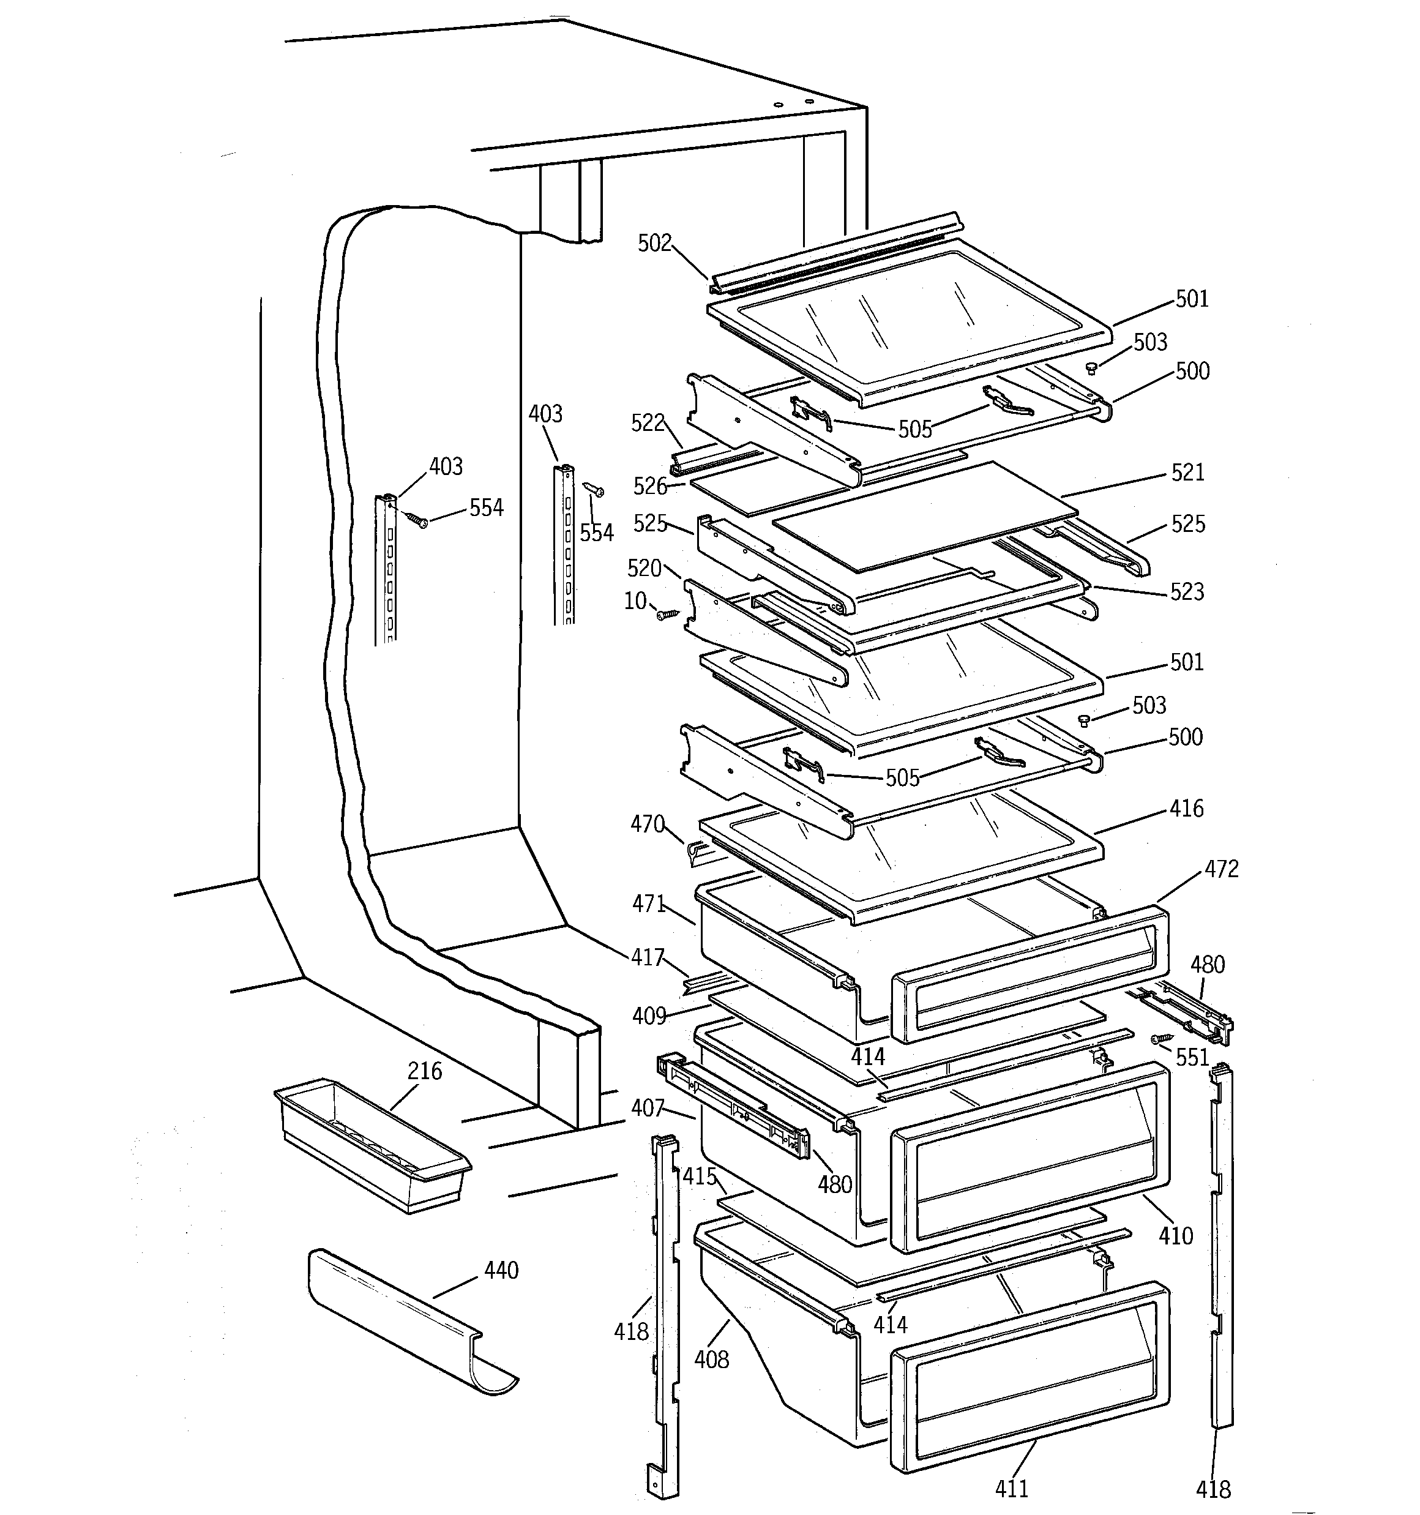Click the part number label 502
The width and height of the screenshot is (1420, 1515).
(654, 243)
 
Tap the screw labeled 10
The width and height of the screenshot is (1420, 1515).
(668, 613)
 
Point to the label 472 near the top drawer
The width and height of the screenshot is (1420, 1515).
(1221, 869)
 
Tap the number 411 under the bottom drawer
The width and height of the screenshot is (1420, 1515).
(1012, 1488)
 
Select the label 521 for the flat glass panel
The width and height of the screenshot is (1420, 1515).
(1187, 473)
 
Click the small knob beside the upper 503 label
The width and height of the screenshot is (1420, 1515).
(1091, 369)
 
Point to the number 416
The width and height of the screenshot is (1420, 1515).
(1186, 809)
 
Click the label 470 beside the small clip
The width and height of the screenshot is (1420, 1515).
(647, 824)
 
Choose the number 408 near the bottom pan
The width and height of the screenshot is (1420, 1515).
(711, 1359)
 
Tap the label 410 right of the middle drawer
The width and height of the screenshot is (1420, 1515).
(1175, 1235)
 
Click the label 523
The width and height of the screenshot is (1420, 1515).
(1187, 592)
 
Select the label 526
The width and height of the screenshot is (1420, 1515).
(649, 486)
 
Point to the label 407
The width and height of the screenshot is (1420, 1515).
(647, 1108)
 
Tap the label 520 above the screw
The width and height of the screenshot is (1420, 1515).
(644, 568)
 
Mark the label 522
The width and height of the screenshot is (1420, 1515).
(648, 423)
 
